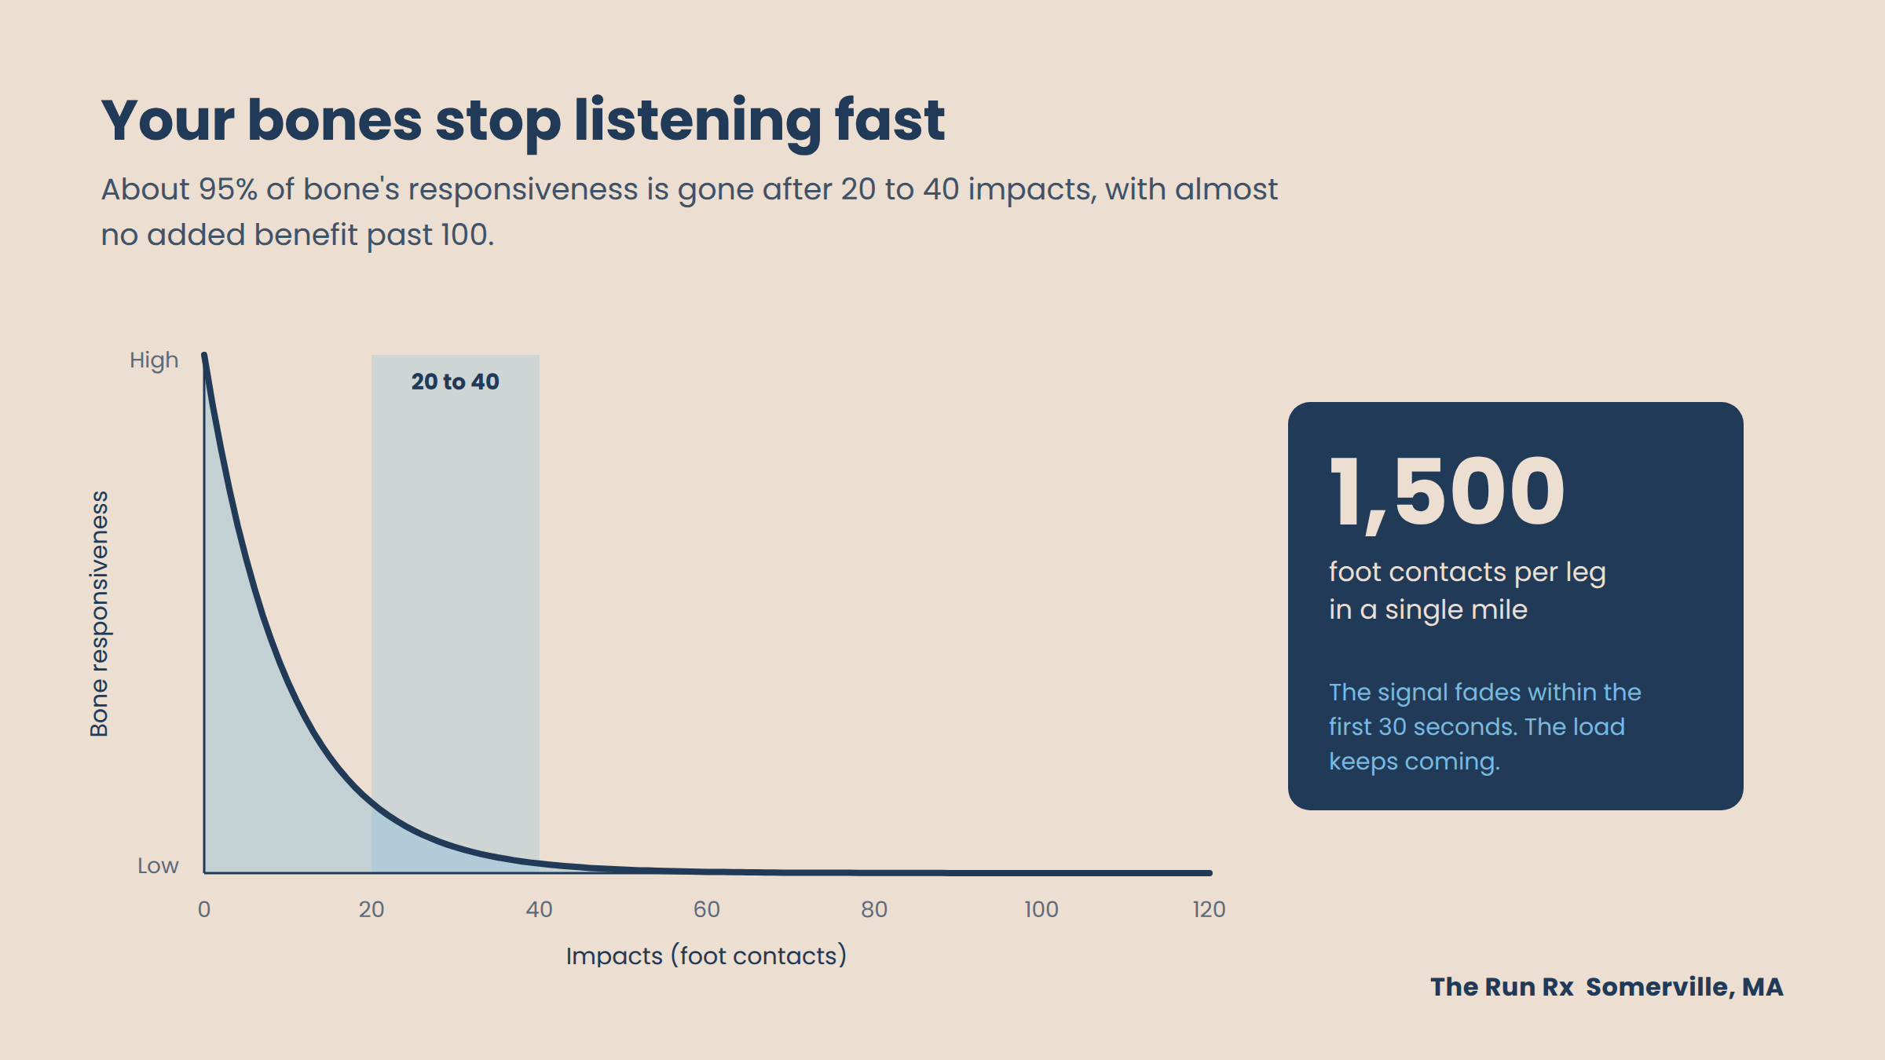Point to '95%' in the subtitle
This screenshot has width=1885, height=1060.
coord(228,189)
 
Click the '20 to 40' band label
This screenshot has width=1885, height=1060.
coord(456,382)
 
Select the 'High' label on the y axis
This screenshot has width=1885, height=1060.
coord(154,360)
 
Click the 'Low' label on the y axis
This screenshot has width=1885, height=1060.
coord(158,865)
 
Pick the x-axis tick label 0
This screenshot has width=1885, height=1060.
coord(204,909)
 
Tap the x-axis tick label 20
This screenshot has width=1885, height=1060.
coord(372,909)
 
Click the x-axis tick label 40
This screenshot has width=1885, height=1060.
coord(540,909)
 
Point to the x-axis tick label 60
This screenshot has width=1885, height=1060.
coord(707,909)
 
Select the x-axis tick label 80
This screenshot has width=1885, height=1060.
coord(874,909)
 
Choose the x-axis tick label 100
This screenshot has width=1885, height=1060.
coord(1041,909)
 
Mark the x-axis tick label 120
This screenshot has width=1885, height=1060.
coord(1209,909)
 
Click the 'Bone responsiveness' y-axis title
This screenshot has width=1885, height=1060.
coord(99,614)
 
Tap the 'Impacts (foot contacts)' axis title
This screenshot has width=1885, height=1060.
coord(707,956)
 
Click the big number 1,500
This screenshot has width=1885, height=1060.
coord(1447,493)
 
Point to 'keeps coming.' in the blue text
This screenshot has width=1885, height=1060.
coord(1415,762)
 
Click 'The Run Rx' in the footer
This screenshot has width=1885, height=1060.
coord(1502,987)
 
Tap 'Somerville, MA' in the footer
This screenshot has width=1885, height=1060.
coord(1685,987)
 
